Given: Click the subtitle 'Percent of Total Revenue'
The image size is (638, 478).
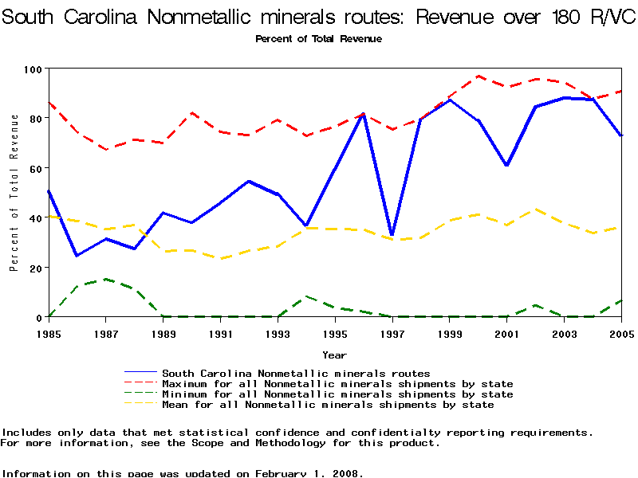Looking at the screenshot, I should pyautogui.click(x=318, y=39).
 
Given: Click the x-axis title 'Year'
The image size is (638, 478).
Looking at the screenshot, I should pyautogui.click(x=334, y=355).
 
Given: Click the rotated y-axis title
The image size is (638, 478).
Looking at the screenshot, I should pyautogui.click(x=14, y=192).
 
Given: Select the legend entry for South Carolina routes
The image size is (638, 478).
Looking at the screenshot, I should pyautogui.click(x=296, y=373).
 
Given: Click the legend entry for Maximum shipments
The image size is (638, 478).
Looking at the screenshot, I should pyautogui.click(x=337, y=384).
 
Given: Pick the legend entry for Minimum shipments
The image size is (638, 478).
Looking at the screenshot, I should pyautogui.click(x=337, y=394).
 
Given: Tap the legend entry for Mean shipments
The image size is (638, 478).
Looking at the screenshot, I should pyautogui.click(x=328, y=405).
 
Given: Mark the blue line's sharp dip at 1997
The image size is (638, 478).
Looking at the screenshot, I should pyautogui.click(x=392, y=235).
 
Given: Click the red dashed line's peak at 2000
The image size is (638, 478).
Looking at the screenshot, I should pyautogui.click(x=478, y=76).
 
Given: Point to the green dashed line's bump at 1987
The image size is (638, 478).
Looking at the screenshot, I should pyautogui.click(x=106, y=280).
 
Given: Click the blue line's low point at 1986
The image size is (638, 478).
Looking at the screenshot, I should pyautogui.click(x=77, y=256).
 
